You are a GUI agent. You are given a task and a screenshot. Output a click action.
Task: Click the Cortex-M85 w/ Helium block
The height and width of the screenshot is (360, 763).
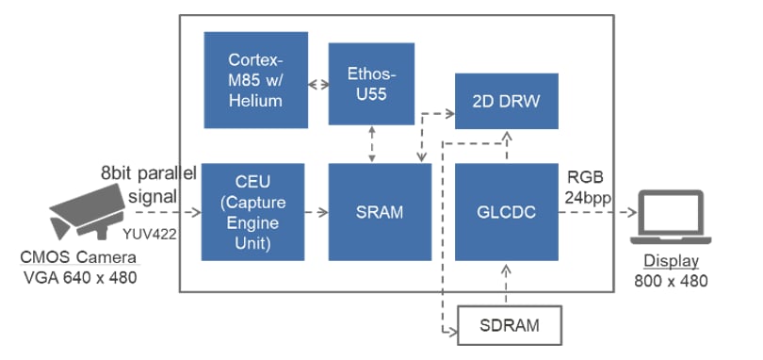coord(255,79)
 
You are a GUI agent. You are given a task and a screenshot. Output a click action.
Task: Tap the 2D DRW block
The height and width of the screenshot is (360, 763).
coord(505,101)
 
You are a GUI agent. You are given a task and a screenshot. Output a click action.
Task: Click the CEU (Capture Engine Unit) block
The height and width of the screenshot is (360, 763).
coord(253,212)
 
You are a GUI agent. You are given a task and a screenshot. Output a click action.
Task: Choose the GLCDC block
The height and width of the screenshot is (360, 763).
coord(506,212)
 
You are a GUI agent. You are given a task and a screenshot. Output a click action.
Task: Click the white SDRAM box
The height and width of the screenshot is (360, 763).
coord(509,325)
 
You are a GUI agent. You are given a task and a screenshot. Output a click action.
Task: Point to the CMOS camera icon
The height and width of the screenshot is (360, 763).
coord(85,212)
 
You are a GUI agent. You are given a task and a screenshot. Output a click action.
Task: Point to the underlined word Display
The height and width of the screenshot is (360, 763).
coord(671,262)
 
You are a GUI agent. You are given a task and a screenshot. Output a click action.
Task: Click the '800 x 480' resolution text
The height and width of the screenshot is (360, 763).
coord(671,280)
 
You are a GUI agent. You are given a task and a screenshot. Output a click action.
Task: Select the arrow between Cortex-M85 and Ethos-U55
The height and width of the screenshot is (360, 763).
coord(317,83)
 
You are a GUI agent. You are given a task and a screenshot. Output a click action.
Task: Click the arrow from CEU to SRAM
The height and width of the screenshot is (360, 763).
coord(317,213)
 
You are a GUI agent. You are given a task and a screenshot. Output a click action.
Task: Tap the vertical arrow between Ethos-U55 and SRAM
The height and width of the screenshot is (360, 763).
coord(375,143)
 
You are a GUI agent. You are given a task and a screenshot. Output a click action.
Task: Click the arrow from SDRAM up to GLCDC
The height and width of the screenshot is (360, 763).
coord(507,284)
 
